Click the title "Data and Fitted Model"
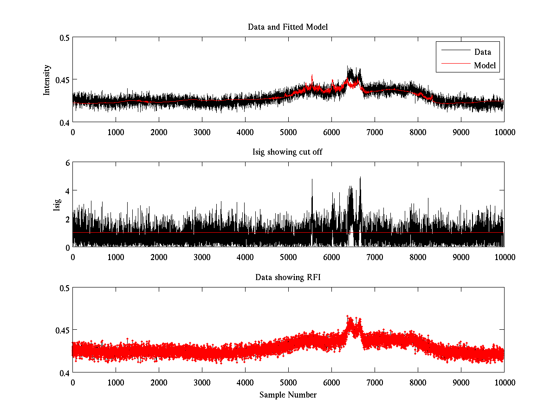point(288,27)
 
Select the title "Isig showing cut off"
point(288,152)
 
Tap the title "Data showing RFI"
point(288,277)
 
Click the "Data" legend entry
point(482,52)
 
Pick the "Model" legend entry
point(485,65)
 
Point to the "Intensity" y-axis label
point(47,80)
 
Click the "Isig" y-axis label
point(57,205)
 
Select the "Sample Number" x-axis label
point(288,395)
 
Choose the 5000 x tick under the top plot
point(288,132)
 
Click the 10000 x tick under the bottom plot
point(504,382)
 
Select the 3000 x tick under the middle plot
point(202,257)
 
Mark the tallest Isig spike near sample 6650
point(360,178)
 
